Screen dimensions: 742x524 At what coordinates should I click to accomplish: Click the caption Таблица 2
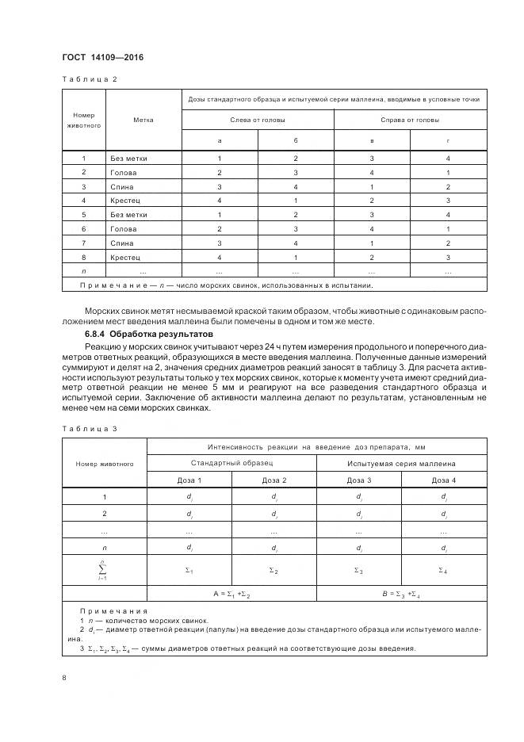(90, 79)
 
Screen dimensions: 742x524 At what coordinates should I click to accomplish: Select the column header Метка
(143, 120)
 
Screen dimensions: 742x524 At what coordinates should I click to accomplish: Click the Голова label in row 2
(124, 172)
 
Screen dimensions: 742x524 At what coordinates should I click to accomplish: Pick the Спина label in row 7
(122, 243)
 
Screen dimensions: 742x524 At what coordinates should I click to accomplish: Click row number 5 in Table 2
(84, 215)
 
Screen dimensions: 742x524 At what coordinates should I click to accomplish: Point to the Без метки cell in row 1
(128, 158)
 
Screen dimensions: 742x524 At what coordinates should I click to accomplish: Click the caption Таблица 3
(90, 428)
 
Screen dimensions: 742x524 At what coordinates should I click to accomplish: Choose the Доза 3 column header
(358, 480)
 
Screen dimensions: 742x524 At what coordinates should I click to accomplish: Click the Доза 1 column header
(189, 480)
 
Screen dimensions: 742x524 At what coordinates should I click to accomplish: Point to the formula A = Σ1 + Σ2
(231, 595)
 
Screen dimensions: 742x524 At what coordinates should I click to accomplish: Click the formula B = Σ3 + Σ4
(400, 595)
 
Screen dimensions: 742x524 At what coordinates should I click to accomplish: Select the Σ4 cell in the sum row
(443, 570)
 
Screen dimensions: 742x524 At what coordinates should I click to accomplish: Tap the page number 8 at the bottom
(64, 678)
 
